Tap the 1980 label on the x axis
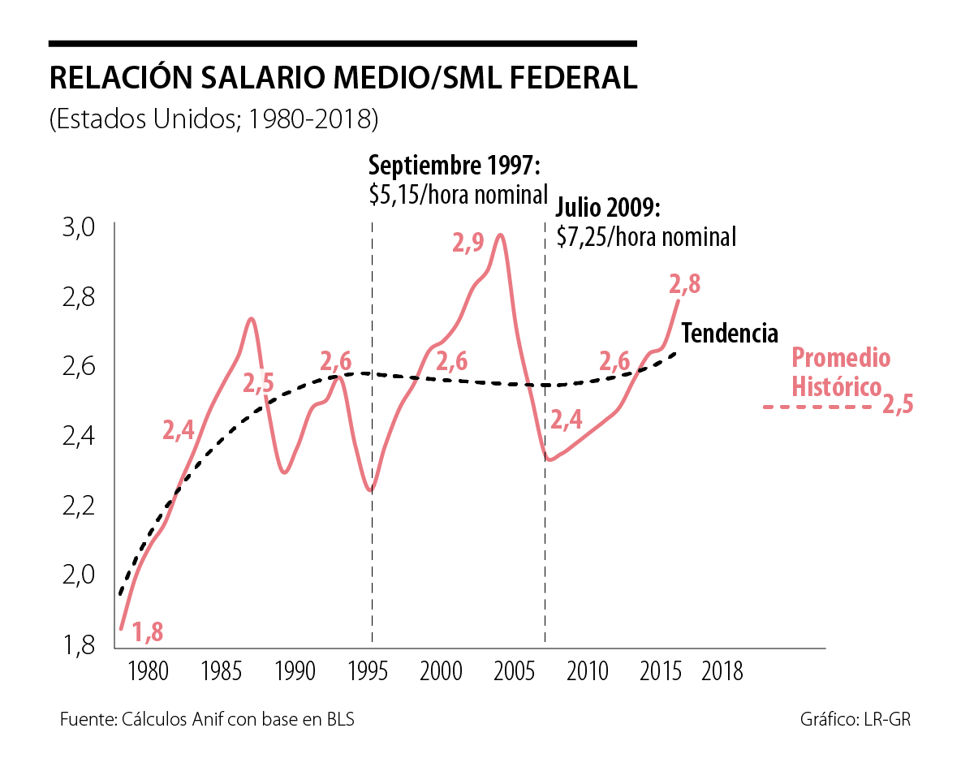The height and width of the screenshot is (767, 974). (148, 672)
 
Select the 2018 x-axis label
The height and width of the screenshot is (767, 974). (722, 672)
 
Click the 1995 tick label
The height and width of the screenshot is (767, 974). (368, 672)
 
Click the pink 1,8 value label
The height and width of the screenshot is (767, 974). (149, 631)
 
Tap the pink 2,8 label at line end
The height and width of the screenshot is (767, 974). (684, 285)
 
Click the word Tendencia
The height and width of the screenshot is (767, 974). (730, 334)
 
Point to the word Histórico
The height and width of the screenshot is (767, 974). (836, 387)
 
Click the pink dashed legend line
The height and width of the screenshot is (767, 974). (820, 405)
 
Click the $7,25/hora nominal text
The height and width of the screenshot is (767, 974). (646, 236)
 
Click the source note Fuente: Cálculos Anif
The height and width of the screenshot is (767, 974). (207, 720)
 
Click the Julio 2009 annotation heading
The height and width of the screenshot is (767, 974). (609, 209)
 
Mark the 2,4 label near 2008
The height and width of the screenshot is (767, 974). (566, 420)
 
